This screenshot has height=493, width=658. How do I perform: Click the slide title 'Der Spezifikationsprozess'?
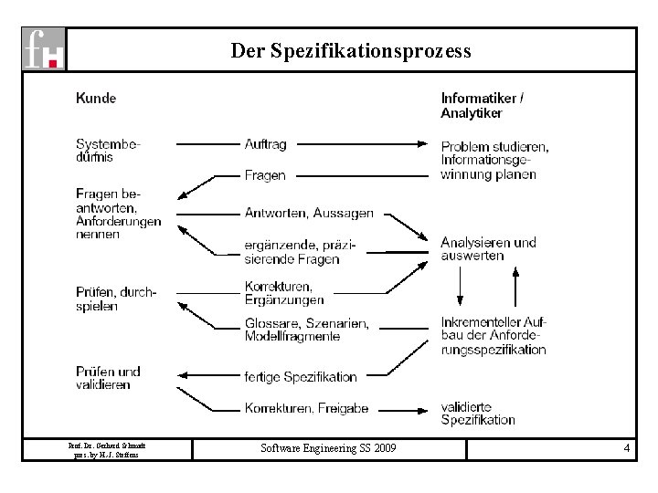click(x=351, y=50)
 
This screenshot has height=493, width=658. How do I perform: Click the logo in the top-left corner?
click(x=44, y=48)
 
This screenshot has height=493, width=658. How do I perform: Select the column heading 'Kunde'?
click(x=96, y=98)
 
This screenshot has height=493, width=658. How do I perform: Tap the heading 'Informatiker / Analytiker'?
click(x=483, y=105)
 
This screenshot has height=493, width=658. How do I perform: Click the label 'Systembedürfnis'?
click(x=108, y=150)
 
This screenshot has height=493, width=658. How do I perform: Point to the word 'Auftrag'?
click(x=266, y=143)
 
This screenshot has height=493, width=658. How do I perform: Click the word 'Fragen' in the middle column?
click(x=265, y=174)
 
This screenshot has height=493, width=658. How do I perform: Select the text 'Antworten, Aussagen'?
click(x=309, y=213)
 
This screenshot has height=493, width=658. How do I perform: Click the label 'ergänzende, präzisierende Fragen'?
click(x=301, y=252)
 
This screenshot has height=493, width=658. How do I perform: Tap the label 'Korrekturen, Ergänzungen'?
click(x=284, y=292)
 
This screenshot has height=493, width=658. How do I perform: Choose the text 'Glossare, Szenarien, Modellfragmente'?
click(x=307, y=330)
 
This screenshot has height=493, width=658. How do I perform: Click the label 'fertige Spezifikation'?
click(x=301, y=376)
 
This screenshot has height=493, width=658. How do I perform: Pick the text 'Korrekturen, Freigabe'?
click(x=305, y=408)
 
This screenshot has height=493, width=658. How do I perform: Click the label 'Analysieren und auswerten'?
click(x=488, y=248)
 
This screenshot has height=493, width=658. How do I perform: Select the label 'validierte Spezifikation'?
click(x=478, y=414)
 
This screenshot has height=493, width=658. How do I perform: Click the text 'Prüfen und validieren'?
click(x=108, y=378)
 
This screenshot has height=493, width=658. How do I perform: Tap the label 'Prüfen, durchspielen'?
click(x=116, y=299)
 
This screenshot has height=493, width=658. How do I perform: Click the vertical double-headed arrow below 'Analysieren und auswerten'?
click(x=460, y=288)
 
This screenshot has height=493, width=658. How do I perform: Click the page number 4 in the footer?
click(x=626, y=448)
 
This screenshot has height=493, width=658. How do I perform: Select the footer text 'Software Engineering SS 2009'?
click(x=328, y=448)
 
